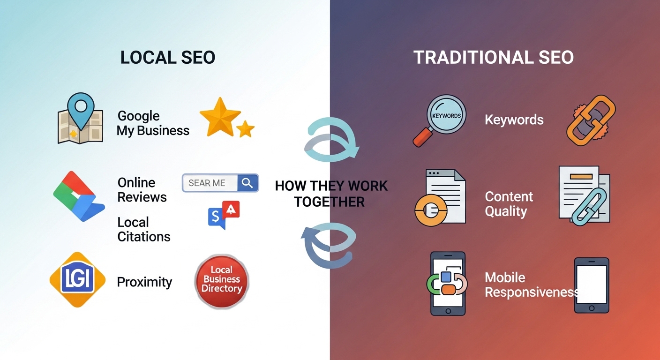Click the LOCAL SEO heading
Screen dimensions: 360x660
tap(168, 57)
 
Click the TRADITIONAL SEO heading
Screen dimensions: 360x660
tap(494, 57)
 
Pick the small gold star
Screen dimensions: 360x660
tap(245, 128)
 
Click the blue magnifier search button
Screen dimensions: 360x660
tap(247, 183)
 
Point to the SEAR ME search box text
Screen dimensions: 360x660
tap(207, 183)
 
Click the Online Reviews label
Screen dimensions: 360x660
tap(142, 189)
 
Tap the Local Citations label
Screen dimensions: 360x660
tap(143, 229)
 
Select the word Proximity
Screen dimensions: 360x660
tap(144, 282)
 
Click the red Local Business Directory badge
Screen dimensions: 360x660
tap(222, 280)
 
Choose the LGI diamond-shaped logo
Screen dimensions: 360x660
tap(77, 279)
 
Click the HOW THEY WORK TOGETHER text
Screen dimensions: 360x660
tap(331, 193)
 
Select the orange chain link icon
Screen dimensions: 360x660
tap(591, 120)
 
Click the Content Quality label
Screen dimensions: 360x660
tap(509, 203)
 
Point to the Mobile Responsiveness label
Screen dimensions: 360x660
tap(531, 285)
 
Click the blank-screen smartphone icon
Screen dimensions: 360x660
tap(592, 285)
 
